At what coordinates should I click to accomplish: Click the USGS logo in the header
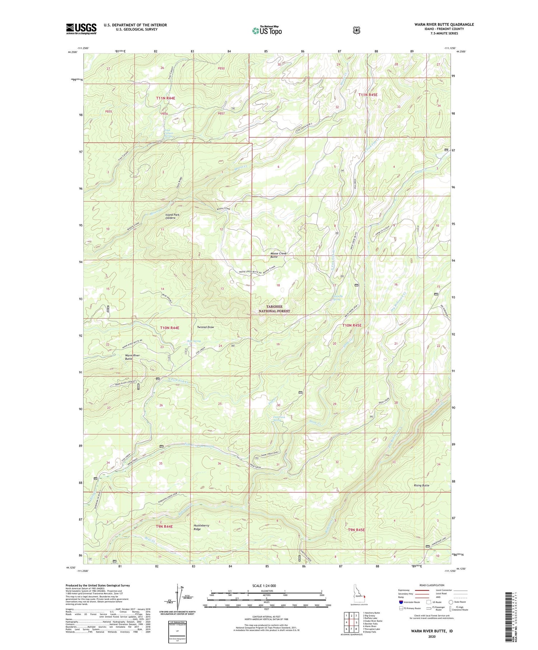click(x=81, y=29)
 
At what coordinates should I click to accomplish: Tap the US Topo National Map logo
click(x=267, y=30)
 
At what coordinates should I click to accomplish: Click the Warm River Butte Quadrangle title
click(x=444, y=24)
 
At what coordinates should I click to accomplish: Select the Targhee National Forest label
click(x=274, y=309)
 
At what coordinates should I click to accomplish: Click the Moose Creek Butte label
click(x=278, y=255)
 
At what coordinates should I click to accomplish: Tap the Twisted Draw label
click(x=206, y=327)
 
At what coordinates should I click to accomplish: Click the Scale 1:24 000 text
click(x=266, y=586)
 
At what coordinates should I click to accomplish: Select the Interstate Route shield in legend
click(x=401, y=602)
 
